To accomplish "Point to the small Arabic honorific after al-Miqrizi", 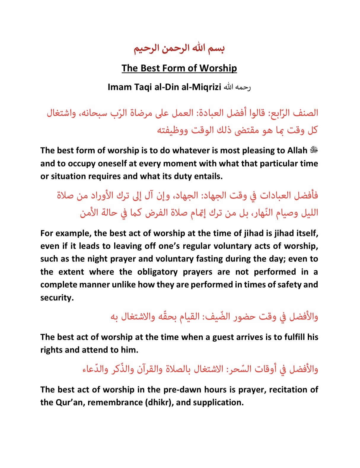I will coord(237,87).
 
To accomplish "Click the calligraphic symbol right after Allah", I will coord(314,150).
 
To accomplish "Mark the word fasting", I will coord(209,259).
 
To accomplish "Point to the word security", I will coord(57,297).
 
